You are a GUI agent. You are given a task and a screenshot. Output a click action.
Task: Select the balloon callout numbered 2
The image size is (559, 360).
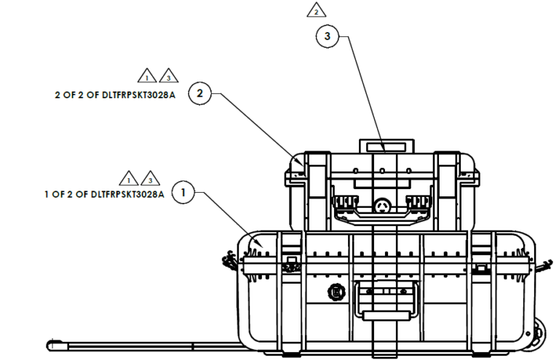(x=200, y=94)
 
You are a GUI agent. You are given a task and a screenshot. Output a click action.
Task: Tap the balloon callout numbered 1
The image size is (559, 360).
(x=183, y=193)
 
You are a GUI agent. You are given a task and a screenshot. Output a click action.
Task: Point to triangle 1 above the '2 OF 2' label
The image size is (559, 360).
(x=147, y=76)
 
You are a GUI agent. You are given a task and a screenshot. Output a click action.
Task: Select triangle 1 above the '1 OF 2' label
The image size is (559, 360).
(x=129, y=178)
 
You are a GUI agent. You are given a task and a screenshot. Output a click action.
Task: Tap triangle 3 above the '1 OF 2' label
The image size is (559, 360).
(x=150, y=178)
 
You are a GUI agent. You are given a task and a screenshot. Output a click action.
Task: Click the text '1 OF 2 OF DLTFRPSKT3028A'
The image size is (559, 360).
(x=104, y=194)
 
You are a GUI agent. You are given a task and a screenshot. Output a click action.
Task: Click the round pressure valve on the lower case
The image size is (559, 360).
(x=336, y=292)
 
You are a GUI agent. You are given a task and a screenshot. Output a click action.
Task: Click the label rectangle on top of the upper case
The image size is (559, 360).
(x=385, y=146)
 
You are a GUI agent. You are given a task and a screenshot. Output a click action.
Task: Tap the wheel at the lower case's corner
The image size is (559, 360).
(x=537, y=337)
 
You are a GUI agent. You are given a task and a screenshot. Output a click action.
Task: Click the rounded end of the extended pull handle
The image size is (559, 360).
(x=52, y=343)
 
